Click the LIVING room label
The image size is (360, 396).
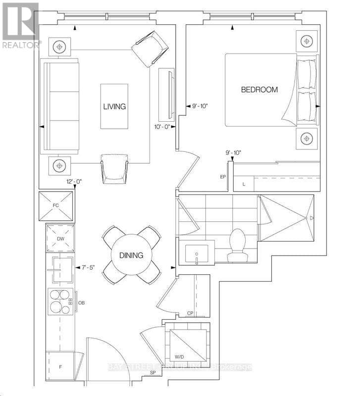point(114,106)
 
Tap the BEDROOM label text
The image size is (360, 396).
point(259,90)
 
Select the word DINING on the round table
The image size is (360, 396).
point(131,255)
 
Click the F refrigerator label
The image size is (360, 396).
point(60,367)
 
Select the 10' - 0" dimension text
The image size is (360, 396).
point(162,127)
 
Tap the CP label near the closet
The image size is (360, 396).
point(190,313)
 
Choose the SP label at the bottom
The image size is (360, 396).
point(153,373)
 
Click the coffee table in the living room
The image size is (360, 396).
point(114,106)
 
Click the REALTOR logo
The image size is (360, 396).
point(21,25)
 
